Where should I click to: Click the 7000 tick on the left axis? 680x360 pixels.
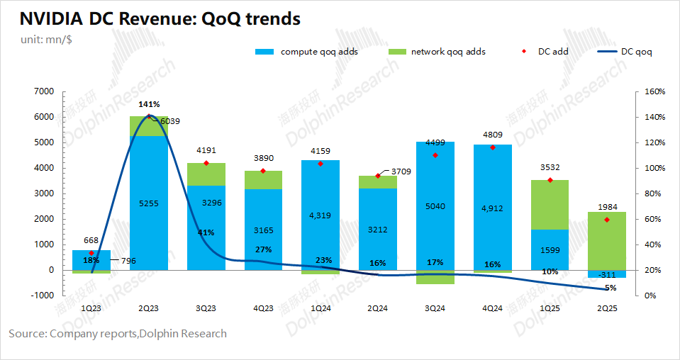tap(45, 91)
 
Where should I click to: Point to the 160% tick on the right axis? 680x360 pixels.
tap(654, 91)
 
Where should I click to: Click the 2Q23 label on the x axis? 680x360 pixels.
tap(148, 308)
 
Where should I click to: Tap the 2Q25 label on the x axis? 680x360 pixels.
tap(606, 308)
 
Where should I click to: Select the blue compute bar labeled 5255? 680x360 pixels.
tap(148, 203)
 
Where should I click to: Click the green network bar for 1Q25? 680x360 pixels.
tap(549, 205)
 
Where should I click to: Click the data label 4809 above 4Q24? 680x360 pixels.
tap(492, 133)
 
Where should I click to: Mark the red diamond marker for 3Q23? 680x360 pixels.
tap(206, 163)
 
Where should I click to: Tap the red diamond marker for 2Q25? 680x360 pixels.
tap(606, 220)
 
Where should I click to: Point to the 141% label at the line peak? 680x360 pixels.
tap(148, 104)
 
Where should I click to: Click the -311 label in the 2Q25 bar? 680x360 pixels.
tap(606, 274)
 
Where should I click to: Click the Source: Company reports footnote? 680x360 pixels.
tap(118, 333)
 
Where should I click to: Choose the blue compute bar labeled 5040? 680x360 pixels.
tap(435, 206)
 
